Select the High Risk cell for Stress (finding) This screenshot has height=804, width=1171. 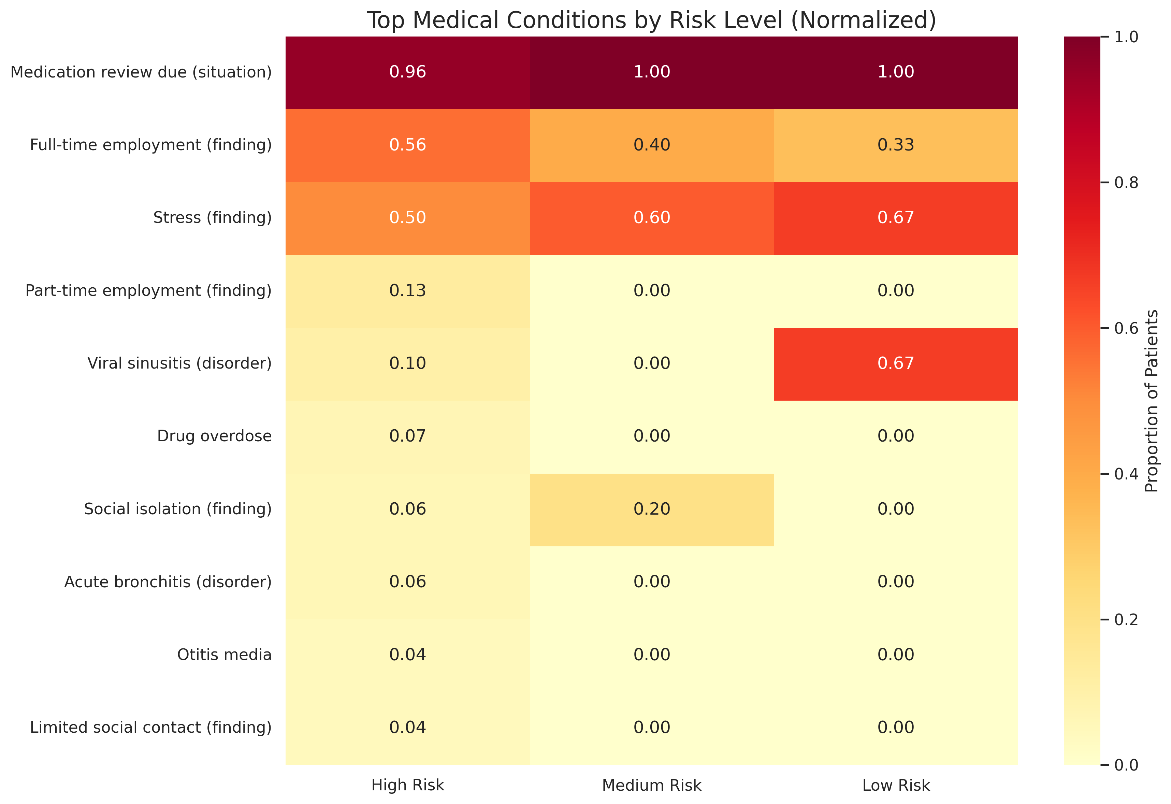coord(408,218)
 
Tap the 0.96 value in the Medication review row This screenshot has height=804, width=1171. coord(408,72)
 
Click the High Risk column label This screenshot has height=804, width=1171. coord(408,785)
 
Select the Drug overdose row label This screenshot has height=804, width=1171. coord(214,436)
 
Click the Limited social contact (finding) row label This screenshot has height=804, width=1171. coord(151,727)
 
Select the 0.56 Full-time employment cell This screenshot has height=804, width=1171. coord(408,145)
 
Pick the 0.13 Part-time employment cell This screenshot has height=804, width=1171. coord(408,291)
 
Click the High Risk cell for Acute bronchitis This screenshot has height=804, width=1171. coord(408,582)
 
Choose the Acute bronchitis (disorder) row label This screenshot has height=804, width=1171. coord(168,582)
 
